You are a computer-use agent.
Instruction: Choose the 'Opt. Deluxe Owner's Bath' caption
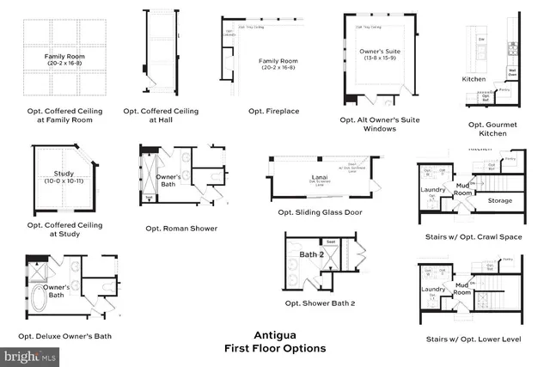[x=69, y=336]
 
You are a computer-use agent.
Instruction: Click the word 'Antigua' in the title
[x=275, y=335]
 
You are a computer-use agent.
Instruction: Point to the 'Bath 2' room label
[x=311, y=254]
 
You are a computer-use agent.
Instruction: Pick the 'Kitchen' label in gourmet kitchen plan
[x=474, y=79]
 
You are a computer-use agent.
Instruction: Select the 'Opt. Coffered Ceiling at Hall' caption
[x=161, y=116]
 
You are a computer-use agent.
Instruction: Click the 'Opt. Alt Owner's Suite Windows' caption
[x=379, y=125]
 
